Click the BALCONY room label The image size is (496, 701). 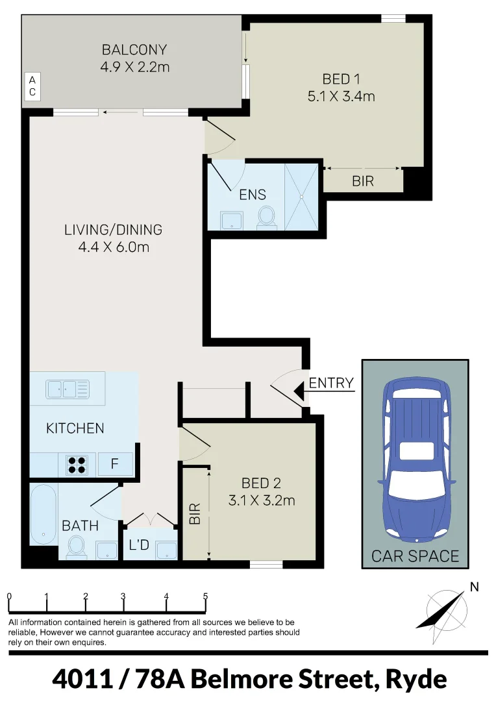pyautogui.click(x=134, y=49)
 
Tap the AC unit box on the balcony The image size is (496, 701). pyautogui.click(x=31, y=86)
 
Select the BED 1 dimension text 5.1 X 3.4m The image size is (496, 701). pyautogui.click(x=341, y=97)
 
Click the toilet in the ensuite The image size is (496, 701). pyautogui.click(x=266, y=217)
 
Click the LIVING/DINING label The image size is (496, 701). pyautogui.click(x=113, y=230)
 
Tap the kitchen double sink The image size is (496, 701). pyautogui.click(x=68, y=389)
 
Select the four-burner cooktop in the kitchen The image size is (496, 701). pyautogui.click(x=77, y=464)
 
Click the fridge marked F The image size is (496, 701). pyautogui.click(x=115, y=464)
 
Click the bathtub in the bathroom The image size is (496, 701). pyautogui.click(x=43, y=514)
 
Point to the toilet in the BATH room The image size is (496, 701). pyautogui.click(x=77, y=547)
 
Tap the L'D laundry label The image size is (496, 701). pyautogui.click(x=139, y=546)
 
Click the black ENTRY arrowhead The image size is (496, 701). pyautogui.click(x=299, y=391)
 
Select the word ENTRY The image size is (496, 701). pyautogui.click(x=331, y=383)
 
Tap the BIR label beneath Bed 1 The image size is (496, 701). pyautogui.click(x=363, y=181)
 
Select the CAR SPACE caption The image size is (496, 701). pyautogui.click(x=415, y=556)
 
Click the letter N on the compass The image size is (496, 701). pyautogui.click(x=474, y=587)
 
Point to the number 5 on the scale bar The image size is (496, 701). pyautogui.click(x=205, y=596)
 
